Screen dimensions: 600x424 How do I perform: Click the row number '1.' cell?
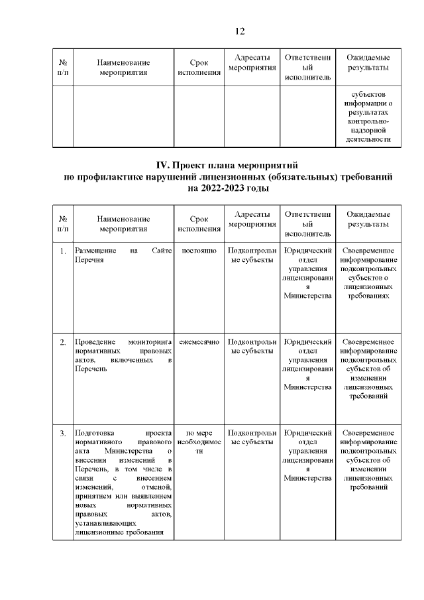coord(62,252)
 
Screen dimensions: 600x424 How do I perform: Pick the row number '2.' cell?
coord(62,342)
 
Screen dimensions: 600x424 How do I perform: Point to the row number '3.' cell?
coord(62,434)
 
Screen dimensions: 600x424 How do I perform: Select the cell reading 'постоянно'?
coord(199,251)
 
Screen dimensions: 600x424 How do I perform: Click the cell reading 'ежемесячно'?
coord(199,341)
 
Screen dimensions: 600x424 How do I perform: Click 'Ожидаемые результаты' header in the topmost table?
coord(368,64)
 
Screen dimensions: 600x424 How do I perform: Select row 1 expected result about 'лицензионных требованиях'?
coord(368,274)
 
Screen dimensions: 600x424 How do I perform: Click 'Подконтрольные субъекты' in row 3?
coord(251,438)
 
